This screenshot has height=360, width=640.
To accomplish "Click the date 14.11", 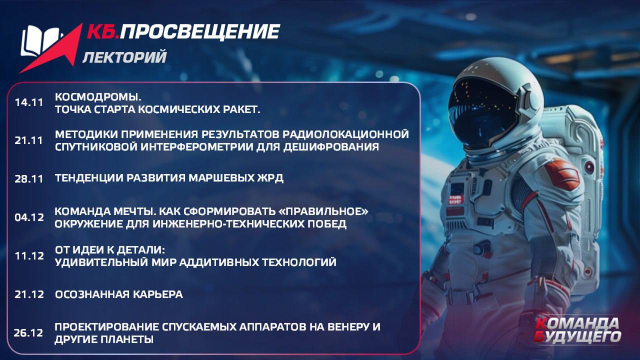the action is [29, 102].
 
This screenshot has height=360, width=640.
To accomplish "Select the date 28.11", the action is [29, 179].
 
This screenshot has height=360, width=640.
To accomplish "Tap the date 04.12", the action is [29, 217].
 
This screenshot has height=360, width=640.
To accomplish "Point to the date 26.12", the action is [28, 333].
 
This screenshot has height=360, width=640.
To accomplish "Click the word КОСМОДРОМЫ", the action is [98, 97].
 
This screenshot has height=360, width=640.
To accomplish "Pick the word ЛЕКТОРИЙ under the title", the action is [124, 56].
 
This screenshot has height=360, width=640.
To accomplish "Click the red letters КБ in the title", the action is [103, 31].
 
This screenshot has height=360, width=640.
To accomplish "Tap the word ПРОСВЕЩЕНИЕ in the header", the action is [199, 31].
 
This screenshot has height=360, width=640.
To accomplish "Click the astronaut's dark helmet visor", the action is [483, 113].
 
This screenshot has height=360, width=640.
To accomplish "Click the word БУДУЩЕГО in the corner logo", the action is [577, 337].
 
